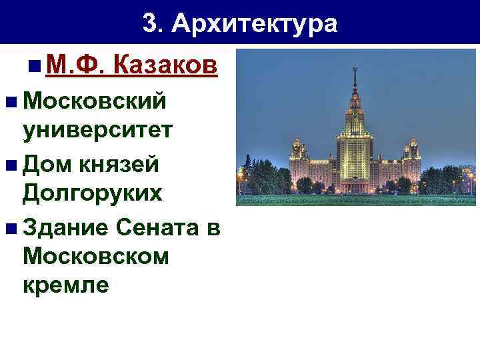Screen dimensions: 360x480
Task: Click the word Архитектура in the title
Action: point(255,25)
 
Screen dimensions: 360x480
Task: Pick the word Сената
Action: point(157,227)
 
